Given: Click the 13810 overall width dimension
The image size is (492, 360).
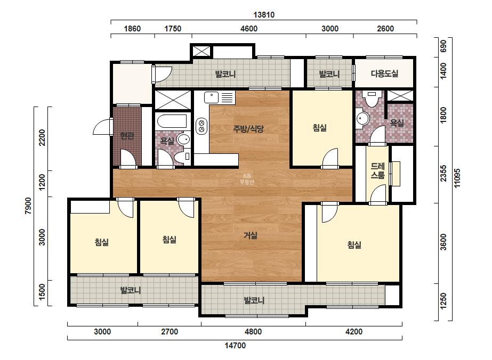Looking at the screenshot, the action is [x=264, y=15].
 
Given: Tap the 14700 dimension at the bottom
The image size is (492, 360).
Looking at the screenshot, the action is [x=235, y=346].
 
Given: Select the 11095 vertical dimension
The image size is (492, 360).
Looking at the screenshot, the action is [x=457, y=178].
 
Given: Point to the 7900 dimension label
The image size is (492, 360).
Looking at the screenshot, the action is [x=28, y=206].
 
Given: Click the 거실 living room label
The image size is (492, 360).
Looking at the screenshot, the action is [x=251, y=235].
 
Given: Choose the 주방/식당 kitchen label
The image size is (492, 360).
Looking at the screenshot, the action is [x=248, y=128].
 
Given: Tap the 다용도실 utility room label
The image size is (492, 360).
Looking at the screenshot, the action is [x=384, y=73].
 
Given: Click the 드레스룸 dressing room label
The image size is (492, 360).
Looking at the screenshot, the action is [x=378, y=170].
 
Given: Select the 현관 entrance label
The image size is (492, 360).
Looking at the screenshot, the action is [x=127, y=136].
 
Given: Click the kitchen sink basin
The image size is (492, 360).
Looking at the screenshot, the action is [x=211, y=97].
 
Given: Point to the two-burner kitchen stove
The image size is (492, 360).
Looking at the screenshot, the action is [x=201, y=126].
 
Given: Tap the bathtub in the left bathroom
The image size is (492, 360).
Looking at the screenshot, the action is [x=172, y=121].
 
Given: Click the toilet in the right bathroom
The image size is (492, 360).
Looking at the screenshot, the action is [x=372, y=98].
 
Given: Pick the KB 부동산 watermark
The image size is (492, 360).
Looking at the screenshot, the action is [x=247, y=179].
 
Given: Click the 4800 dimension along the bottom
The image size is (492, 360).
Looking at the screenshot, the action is [x=253, y=331].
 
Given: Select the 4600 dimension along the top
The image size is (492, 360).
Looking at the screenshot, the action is [x=249, y=29].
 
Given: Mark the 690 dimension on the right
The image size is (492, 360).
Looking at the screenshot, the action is [x=443, y=46].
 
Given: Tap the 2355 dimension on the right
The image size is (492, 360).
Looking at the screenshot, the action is [x=443, y=173].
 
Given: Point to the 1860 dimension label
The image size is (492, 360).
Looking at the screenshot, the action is [x=132, y=29].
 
